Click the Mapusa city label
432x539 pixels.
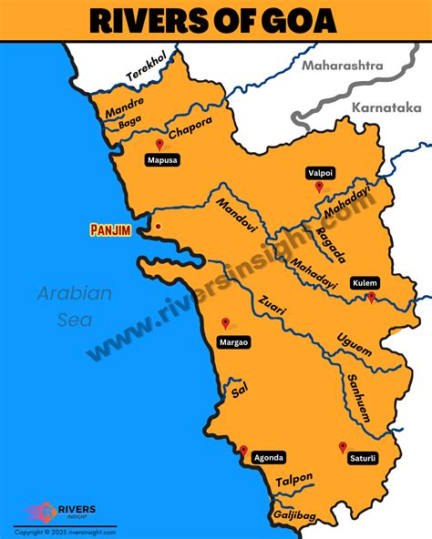[x=163, y=160]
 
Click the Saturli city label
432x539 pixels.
[x=363, y=458]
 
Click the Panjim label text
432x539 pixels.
[x=111, y=230]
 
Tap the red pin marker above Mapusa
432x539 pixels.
[x=160, y=144]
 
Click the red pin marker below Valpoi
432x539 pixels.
[x=319, y=187]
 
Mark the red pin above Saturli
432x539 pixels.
[x=343, y=447]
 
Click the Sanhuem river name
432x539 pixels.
[x=356, y=397]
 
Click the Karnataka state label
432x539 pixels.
[x=377, y=106]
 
